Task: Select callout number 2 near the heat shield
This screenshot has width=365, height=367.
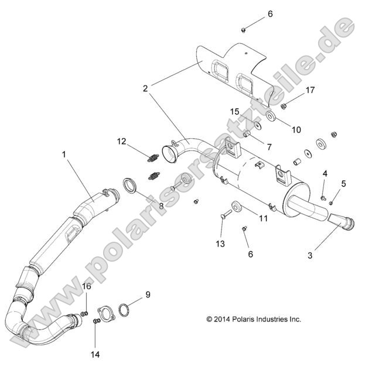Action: [145, 88]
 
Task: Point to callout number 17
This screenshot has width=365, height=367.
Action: [310, 90]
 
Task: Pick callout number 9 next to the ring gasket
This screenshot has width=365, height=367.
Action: [148, 295]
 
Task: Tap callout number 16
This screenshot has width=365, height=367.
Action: [86, 286]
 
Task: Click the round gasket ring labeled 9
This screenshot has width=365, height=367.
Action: [126, 309]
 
